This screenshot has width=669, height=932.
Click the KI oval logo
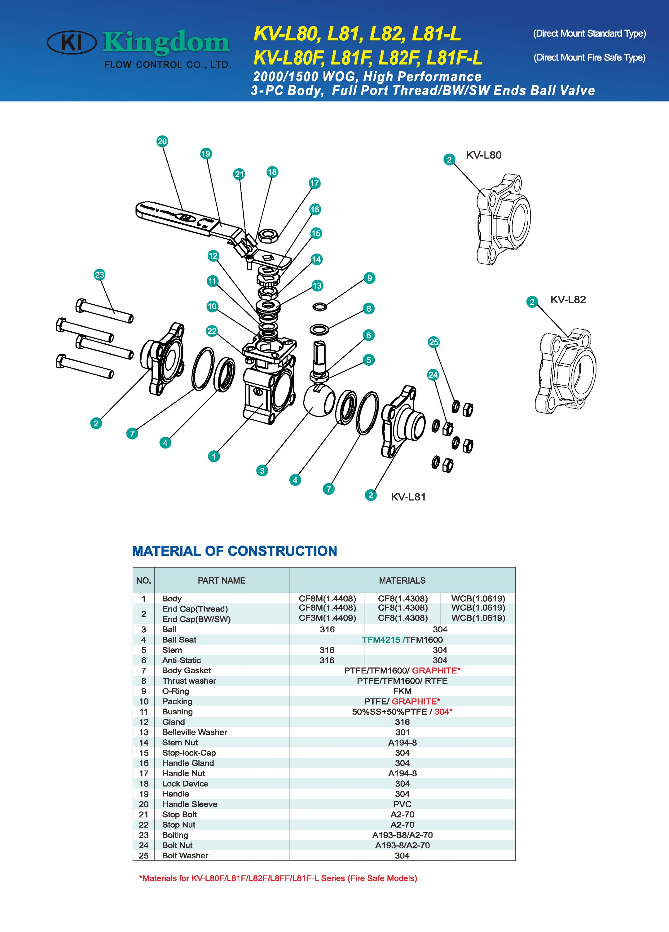coord(72,42)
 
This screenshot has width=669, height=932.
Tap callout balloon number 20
coord(162,141)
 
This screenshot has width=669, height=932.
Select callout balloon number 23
coord(100,275)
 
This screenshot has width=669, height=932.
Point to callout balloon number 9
coord(369,278)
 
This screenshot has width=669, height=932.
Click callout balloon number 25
coord(433,342)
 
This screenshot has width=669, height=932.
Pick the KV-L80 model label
coord(483,155)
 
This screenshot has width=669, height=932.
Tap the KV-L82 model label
coord(568,300)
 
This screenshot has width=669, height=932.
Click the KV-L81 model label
coord(408,497)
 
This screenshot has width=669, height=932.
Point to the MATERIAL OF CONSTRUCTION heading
coord(235,551)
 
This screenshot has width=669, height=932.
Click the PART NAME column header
coord(222,581)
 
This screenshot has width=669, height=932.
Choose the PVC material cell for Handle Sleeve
coord(402,804)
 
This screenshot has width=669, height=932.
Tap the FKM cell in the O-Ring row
coord(402,691)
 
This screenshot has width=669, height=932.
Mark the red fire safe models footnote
coord(278,878)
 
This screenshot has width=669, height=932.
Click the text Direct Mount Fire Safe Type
coord(589,57)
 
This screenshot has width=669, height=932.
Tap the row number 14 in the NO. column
coord(143,742)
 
